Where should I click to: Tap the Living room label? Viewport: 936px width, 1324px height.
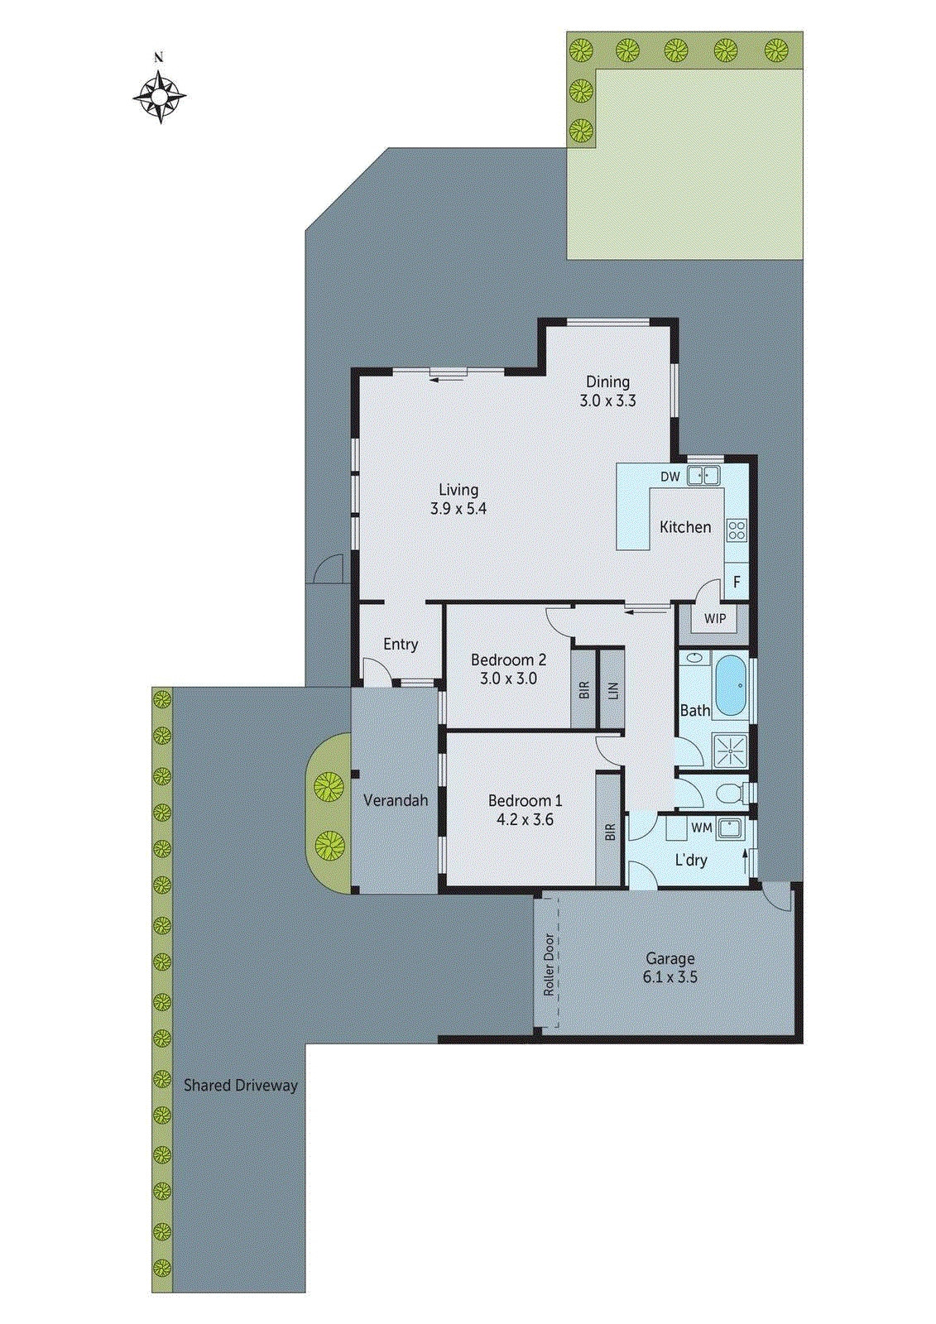tap(458, 490)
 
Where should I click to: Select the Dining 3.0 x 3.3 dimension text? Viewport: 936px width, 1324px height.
tap(607, 401)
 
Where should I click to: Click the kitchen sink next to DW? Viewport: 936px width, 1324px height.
tap(703, 476)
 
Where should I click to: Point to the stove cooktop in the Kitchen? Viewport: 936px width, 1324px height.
tap(736, 530)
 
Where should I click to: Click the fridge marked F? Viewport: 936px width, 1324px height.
tap(737, 583)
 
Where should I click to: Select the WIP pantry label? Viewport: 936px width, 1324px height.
tap(715, 618)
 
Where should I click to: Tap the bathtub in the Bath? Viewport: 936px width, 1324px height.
tap(731, 685)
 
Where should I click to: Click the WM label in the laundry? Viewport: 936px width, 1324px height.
tap(701, 827)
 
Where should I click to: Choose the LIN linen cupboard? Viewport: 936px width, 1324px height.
tap(612, 689)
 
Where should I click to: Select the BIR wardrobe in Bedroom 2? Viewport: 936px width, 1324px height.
tap(583, 689)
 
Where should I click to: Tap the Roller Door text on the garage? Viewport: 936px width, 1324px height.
tap(549, 964)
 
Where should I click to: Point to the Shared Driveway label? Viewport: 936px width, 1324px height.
tap(240, 1085)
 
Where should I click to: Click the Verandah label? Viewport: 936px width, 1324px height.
tap(396, 800)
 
